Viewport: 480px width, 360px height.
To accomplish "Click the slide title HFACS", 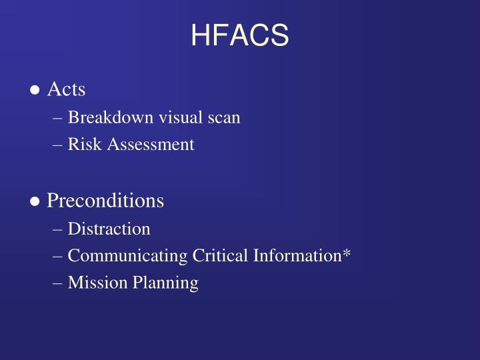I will click(240, 35).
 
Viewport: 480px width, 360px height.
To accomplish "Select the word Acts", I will click(66, 89).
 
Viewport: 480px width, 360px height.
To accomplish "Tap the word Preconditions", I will click(105, 200).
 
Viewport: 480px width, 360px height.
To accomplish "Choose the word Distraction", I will click(109, 229).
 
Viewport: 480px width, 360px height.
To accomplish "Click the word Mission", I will click(92, 283).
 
